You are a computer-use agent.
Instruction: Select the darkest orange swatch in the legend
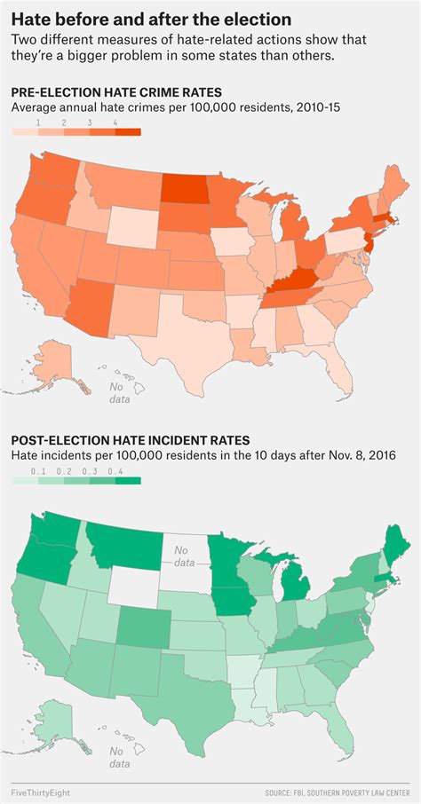128,131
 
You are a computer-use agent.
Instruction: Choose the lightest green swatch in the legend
24,480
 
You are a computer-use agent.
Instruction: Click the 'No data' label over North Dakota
185,556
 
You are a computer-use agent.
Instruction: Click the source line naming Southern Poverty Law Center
342,790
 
